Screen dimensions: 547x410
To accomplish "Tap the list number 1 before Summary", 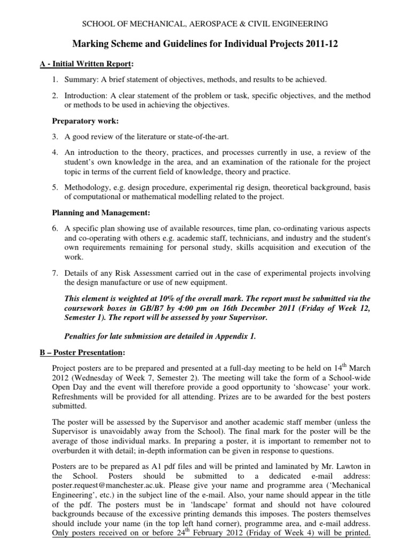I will point(54,80).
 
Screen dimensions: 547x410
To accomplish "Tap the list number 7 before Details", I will point(54,273).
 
